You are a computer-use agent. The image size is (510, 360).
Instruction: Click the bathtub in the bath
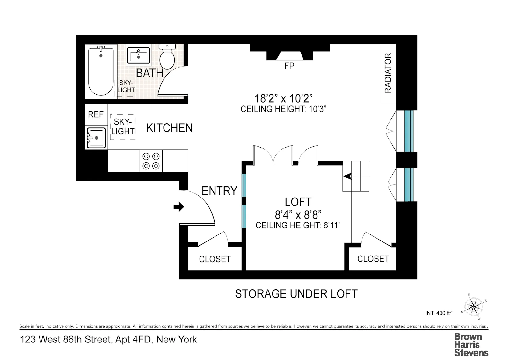(101, 72)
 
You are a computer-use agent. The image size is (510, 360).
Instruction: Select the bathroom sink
(139, 56)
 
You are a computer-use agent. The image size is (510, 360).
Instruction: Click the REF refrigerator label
(96, 114)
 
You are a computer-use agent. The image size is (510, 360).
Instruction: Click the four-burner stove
(151, 161)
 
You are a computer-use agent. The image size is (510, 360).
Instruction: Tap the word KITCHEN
(169, 128)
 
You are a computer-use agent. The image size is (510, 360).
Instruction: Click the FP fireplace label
(289, 66)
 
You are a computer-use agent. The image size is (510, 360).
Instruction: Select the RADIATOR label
(388, 73)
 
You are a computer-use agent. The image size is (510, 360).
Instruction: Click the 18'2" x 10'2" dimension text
(283, 98)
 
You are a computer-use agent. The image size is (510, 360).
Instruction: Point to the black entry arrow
(179, 207)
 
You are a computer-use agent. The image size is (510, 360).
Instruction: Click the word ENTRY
(219, 191)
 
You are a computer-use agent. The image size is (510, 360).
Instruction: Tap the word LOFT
(298, 202)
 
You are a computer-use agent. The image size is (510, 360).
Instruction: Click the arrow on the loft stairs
(347, 176)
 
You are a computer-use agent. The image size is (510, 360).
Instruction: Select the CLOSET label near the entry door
(215, 259)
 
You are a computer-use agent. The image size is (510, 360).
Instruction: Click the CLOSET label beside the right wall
(373, 259)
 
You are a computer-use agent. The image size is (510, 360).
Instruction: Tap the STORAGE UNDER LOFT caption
(296, 294)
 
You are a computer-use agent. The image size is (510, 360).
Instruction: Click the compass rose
(474, 307)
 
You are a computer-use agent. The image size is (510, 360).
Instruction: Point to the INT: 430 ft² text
(438, 313)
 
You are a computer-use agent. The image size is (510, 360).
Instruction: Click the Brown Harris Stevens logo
(471, 345)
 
